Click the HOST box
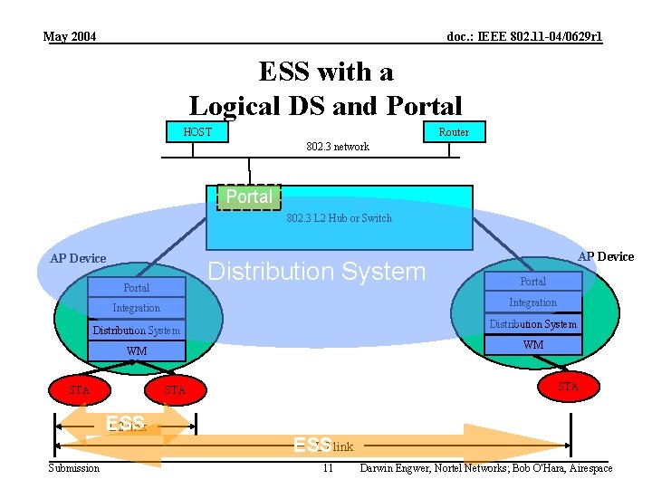pyautogui.click(x=197, y=131)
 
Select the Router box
pyautogui.click(x=454, y=131)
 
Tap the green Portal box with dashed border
pyautogui.click(x=249, y=197)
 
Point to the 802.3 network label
pyautogui.click(x=338, y=147)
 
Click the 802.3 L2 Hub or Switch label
pyautogui.click(x=340, y=218)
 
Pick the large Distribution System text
pyautogui.click(x=317, y=272)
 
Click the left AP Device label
pyautogui.click(x=78, y=258)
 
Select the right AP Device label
pyautogui.click(x=606, y=256)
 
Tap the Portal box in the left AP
pyautogui.click(x=137, y=288)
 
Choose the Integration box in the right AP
pyautogui.click(x=532, y=302)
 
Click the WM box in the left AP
pyautogui.click(x=137, y=351)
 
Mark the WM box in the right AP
pyautogui.click(x=532, y=345)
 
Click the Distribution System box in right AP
pyautogui.click(x=532, y=324)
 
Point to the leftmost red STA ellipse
pyautogui.click(x=80, y=390)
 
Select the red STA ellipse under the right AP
pyautogui.click(x=568, y=387)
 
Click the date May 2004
pyautogui.click(x=70, y=37)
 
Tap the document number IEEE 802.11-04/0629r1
pyautogui.click(x=524, y=37)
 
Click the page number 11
pyautogui.click(x=328, y=468)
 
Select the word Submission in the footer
pyautogui.click(x=74, y=468)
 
